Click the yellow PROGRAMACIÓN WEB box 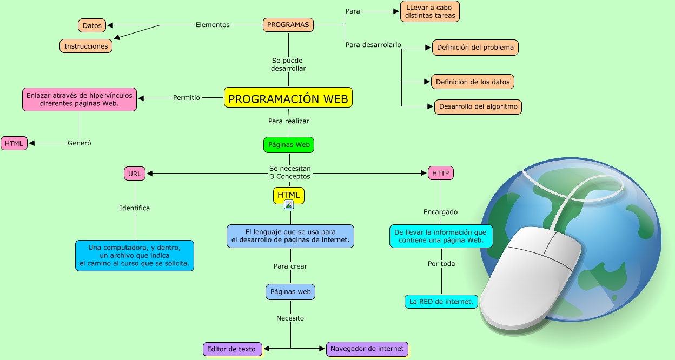[288, 98]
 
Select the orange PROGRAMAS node [288, 25]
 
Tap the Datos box [92, 25]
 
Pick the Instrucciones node [86, 46]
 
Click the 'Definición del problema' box [475, 48]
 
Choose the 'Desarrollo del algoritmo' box [478, 107]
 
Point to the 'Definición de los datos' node [473, 82]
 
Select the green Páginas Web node [289, 145]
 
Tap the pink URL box [135, 174]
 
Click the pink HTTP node [441, 174]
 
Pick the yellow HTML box [289, 195]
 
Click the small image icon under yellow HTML [289, 204]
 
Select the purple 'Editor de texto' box [232, 349]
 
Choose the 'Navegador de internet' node [367, 349]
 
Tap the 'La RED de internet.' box [441, 302]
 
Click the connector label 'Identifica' [135, 208]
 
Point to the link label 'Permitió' [187, 98]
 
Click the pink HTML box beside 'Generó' [14, 144]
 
